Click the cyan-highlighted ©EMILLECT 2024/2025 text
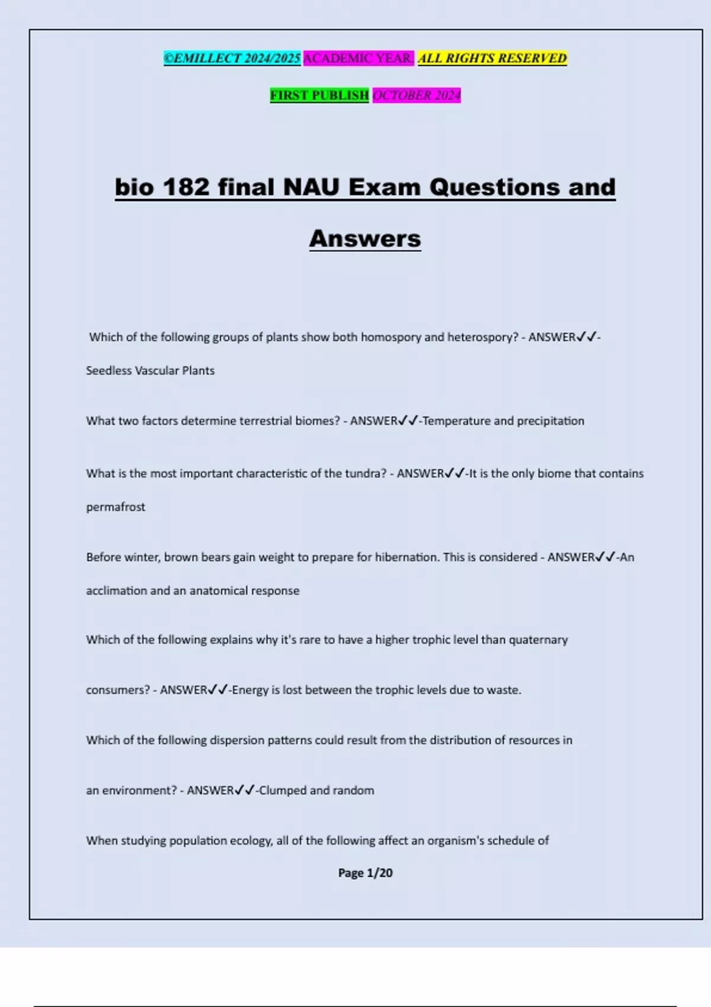point(232,58)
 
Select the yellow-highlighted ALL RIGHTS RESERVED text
point(492,58)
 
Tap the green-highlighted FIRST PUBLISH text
point(319,95)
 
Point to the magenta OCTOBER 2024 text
point(417,95)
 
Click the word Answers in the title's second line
point(365,239)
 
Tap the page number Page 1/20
point(365,873)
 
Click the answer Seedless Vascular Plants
point(150,371)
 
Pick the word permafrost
point(116,507)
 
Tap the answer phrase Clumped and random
point(316,790)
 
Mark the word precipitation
point(550,421)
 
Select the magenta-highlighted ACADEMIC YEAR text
point(358,58)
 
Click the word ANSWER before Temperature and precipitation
point(373,421)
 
